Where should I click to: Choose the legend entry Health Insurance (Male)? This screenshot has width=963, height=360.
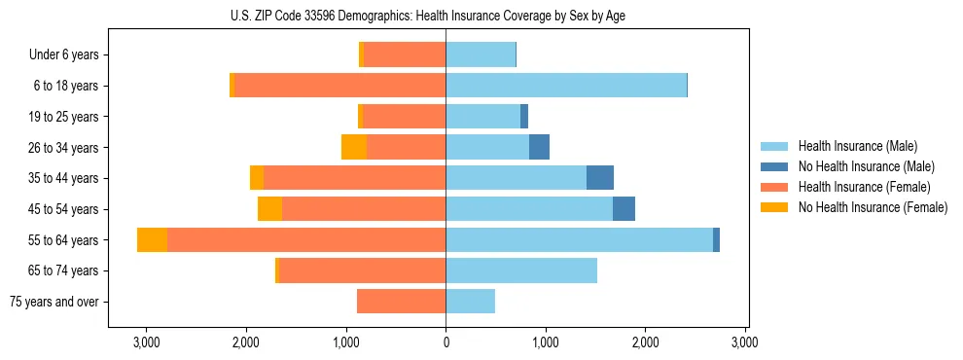point(857,147)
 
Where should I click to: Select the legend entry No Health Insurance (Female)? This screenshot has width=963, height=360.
point(872,207)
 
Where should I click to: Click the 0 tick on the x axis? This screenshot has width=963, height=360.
point(446,342)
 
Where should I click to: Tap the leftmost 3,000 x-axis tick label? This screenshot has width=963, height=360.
point(146,342)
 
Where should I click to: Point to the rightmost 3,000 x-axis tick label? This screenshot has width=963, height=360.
point(744,342)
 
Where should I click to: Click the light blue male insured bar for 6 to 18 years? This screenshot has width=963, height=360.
point(566,86)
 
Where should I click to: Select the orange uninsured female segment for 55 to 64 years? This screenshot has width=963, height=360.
point(152,240)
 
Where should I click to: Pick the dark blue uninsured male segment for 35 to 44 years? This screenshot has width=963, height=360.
point(600,178)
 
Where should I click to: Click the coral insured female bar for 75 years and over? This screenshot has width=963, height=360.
point(401,302)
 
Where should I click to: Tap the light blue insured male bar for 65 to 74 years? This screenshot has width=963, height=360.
point(521,270)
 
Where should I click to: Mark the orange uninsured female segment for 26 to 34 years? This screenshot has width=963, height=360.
point(354,148)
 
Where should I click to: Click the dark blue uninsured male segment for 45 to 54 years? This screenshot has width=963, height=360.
point(624,209)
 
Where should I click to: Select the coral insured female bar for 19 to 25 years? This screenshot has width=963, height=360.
point(404,117)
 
